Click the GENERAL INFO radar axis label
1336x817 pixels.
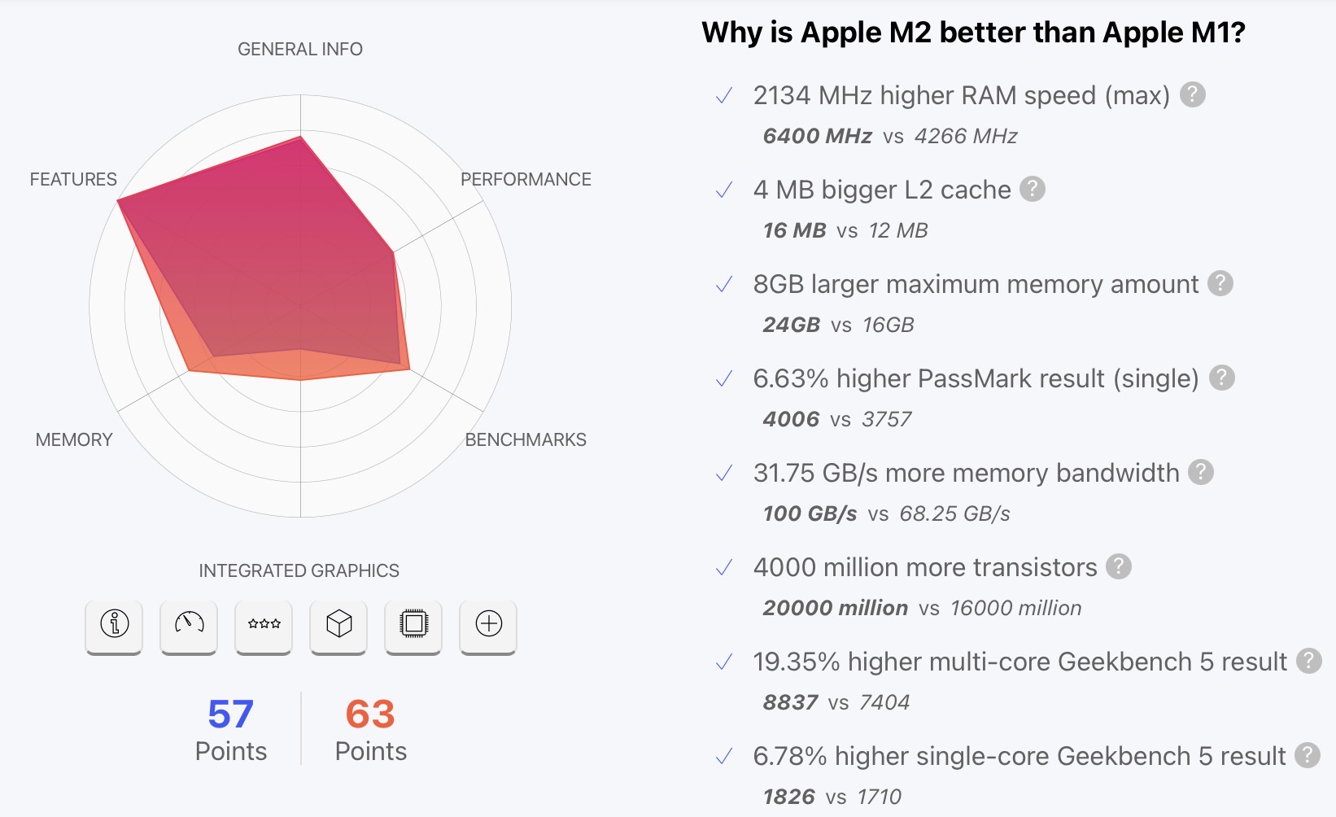pos(300,50)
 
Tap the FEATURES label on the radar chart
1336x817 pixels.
pos(73,180)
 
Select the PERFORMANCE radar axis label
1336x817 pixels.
pos(526,180)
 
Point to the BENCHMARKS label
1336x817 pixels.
pos(526,440)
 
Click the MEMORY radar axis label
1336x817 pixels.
pos(74,440)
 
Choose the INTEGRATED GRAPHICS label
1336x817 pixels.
pos(299,571)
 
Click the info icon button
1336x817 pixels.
pos(114,625)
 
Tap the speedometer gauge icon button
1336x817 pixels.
pos(189,625)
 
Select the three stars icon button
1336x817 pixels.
pos(264,625)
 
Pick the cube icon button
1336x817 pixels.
pos(338,625)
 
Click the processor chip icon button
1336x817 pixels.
pos(413,625)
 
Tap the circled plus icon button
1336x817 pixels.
pos(488,625)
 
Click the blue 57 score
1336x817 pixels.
pos(230,714)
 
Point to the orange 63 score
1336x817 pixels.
pos(370,714)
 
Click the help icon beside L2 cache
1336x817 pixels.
pos(1033,189)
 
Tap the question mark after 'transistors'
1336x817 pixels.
pos(1119,566)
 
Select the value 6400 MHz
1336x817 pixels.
pos(817,136)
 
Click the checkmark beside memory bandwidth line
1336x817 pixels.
pos(723,474)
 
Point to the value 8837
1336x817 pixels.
pos(790,702)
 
